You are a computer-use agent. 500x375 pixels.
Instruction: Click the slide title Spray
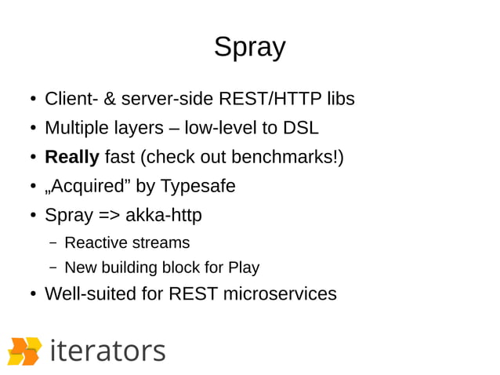point(249,48)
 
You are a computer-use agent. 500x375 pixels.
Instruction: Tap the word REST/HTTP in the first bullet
point(262,100)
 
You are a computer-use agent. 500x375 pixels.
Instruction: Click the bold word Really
point(72,157)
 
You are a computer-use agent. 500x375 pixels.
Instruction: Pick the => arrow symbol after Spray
point(109,215)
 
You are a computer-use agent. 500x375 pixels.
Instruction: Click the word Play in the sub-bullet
point(243,268)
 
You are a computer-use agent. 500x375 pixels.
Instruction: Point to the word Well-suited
point(92,294)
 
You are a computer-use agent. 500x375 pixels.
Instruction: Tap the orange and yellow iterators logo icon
point(24,351)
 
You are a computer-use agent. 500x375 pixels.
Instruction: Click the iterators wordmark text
point(107,350)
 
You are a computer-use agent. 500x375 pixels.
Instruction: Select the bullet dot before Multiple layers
point(34,129)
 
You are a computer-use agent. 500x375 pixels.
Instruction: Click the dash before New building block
point(53,268)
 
